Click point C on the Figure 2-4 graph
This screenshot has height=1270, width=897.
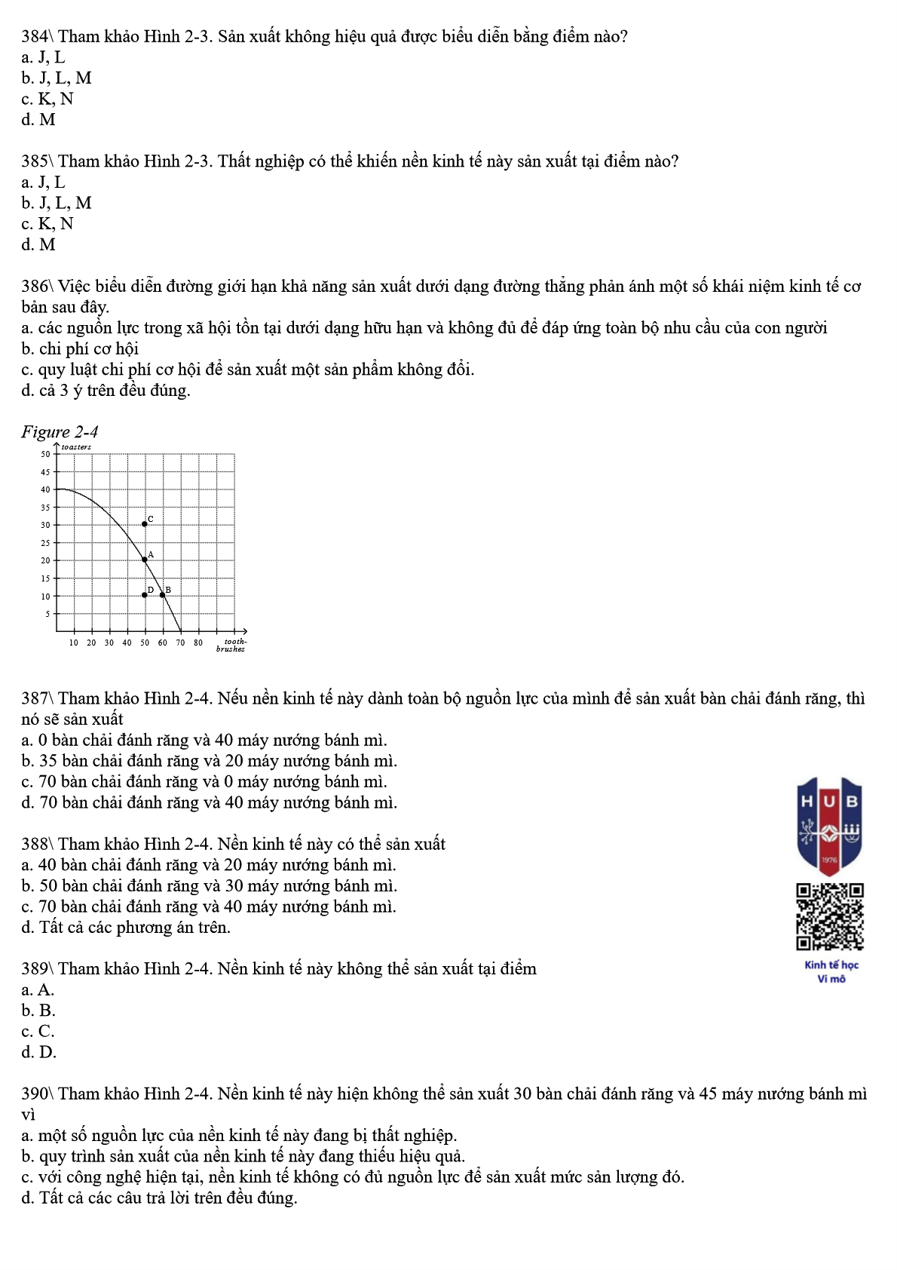[x=145, y=524]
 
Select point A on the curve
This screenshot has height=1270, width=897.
[x=145, y=560]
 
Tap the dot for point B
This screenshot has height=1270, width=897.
[x=163, y=595]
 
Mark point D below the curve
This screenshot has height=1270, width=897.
[x=145, y=595]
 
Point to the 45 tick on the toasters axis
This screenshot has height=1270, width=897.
[x=45, y=472]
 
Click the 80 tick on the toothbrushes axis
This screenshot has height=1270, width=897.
[x=198, y=643]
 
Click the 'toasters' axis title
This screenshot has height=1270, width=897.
[x=76, y=447]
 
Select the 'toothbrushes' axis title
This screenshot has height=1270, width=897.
[x=231, y=646]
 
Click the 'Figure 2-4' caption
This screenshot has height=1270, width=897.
[x=60, y=432]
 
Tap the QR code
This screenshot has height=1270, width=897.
[x=830, y=916]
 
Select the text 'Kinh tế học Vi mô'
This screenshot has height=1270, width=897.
[x=831, y=972]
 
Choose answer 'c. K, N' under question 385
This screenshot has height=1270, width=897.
[x=47, y=224]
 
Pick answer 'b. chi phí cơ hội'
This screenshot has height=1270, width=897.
[x=80, y=349]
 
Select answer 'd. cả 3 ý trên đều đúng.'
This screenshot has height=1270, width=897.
[x=106, y=391]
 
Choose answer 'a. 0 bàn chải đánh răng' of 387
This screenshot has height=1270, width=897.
[x=204, y=741]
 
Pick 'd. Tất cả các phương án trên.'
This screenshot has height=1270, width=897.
[x=126, y=928]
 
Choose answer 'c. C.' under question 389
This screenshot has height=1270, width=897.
[x=38, y=1032]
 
